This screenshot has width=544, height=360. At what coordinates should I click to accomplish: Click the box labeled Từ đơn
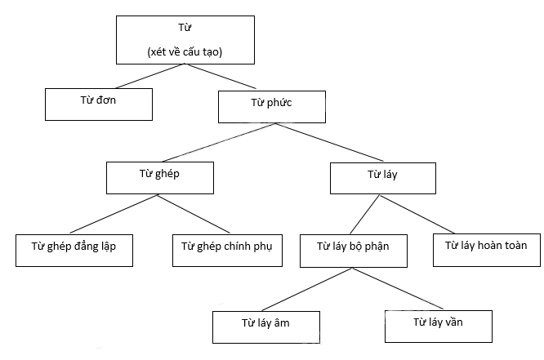[x=99, y=104]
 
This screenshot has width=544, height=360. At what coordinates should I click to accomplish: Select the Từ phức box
[x=272, y=107]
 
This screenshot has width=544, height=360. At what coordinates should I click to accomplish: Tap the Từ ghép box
[x=160, y=178]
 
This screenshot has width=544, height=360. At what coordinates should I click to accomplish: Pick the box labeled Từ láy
[x=383, y=178]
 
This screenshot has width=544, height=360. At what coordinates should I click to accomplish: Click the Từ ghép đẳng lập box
[x=74, y=251]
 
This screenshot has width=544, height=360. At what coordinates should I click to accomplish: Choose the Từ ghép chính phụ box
[x=227, y=251]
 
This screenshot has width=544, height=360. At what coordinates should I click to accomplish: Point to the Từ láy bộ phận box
[x=354, y=251]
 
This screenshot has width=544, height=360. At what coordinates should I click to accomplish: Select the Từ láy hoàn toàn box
[x=487, y=250]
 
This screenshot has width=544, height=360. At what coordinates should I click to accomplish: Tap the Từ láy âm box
[x=266, y=327]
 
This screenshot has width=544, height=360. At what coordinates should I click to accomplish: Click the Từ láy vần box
[x=439, y=327]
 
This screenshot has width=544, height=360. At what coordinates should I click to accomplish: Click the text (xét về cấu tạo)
[x=185, y=51]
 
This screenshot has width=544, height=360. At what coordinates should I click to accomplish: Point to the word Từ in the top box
[x=185, y=28]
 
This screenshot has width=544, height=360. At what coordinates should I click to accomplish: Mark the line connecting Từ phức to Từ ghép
[x=219, y=142]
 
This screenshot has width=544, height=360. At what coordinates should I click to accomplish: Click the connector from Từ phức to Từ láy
[x=330, y=142]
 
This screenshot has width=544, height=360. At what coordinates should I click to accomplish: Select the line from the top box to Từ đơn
[x=149, y=76]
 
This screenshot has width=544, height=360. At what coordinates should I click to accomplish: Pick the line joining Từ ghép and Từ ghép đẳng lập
[x=114, y=214]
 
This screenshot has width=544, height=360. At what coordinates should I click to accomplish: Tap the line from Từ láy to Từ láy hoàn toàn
[x=417, y=215]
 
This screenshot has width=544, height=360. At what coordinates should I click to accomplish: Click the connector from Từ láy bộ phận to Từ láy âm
[x=306, y=289]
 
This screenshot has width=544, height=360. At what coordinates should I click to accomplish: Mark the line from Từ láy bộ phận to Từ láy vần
[x=398, y=288]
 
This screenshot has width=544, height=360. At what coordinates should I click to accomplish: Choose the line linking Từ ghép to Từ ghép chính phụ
[x=194, y=214]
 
